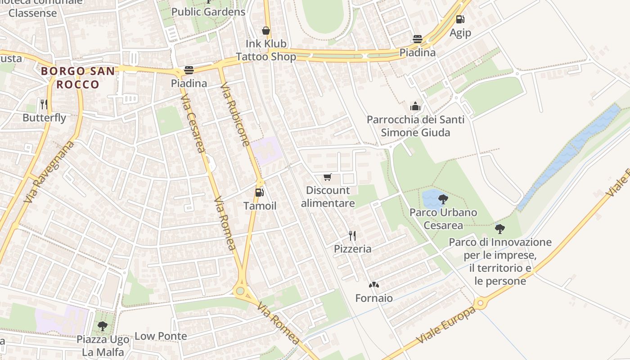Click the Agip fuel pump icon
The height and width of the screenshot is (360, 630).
pos(460,19)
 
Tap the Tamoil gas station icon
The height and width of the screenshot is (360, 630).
pos(259,193)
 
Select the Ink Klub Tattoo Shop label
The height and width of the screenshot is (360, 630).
pos(266,50)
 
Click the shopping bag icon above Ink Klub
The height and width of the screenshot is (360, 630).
pos(266,31)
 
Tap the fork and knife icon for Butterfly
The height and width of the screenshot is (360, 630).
pos(44,104)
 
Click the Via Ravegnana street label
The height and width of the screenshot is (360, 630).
pos(49,171)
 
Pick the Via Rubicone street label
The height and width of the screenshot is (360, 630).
pos(235,114)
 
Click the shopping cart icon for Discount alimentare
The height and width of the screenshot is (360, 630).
pos(327,177)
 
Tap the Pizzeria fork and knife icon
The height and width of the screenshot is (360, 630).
pos(352,235)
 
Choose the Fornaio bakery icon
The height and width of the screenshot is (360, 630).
pos(373,285)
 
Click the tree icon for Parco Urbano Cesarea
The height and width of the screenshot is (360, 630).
pos(443,198)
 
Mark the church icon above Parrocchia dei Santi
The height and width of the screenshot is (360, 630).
pos(415,106)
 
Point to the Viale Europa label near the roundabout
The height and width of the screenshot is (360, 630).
pos(445,326)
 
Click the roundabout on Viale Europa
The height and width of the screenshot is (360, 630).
pos(481,303)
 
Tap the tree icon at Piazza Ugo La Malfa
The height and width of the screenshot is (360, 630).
pos(103,326)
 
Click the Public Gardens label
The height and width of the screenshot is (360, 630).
pos(208,12)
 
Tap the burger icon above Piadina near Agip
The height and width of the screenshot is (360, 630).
pos(418,39)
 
